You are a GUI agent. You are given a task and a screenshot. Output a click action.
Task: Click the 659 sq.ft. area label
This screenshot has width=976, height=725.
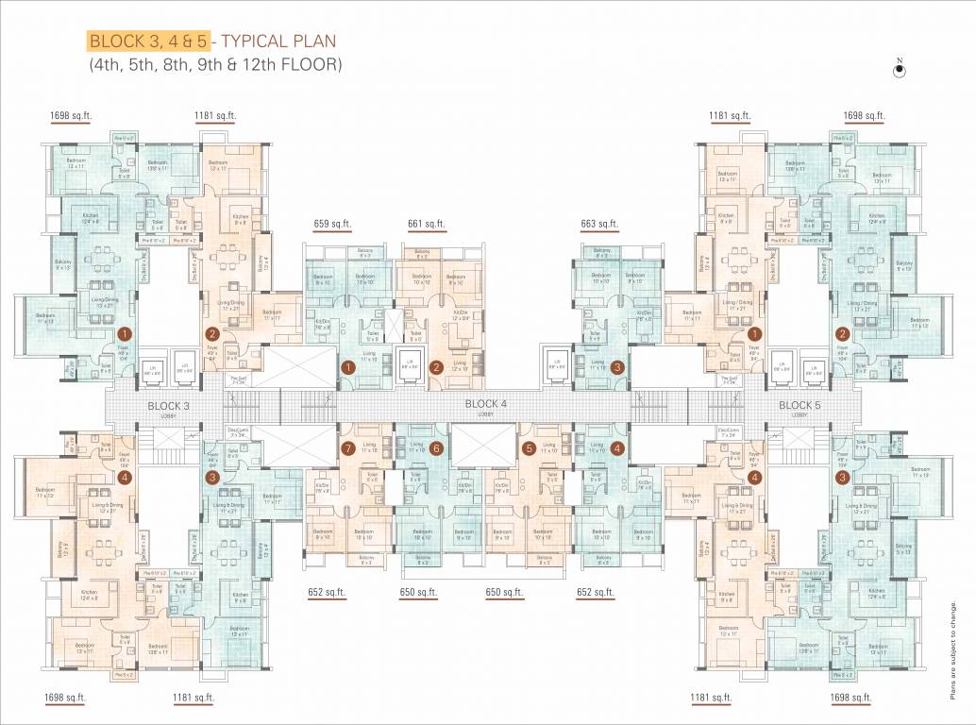click(x=332, y=225)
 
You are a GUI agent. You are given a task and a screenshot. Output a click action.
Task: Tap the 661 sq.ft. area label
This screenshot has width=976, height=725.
click(x=427, y=225)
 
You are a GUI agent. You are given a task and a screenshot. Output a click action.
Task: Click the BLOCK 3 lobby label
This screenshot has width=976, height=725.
click(x=169, y=407)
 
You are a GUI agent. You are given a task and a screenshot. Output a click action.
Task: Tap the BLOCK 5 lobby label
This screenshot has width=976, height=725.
click(x=799, y=407)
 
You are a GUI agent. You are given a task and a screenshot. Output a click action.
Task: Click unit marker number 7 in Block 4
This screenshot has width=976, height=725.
click(x=347, y=448)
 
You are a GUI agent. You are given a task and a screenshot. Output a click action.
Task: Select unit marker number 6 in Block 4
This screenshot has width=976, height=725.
click(x=436, y=448)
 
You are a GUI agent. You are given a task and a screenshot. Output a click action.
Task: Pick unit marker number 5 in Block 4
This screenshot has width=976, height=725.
click(x=529, y=448)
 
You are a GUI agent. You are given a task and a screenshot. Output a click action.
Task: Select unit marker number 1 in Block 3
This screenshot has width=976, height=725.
click(x=124, y=334)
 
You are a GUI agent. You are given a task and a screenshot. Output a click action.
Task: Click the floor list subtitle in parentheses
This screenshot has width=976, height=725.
click(x=214, y=65)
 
